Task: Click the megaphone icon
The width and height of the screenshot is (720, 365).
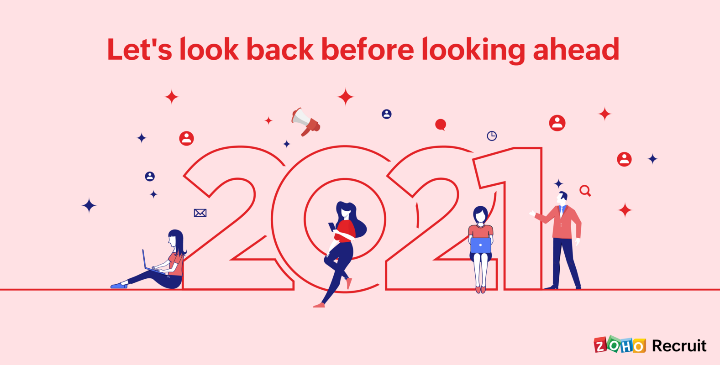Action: (x=305, y=121)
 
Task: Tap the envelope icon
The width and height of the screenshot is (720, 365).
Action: (x=200, y=213)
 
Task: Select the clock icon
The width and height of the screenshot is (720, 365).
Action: (x=492, y=136)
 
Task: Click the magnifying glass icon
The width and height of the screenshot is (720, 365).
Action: (x=585, y=191)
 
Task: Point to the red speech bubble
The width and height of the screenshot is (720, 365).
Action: (x=441, y=125)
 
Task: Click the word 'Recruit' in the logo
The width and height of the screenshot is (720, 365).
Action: (x=679, y=346)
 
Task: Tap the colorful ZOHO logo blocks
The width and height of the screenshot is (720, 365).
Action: (x=620, y=345)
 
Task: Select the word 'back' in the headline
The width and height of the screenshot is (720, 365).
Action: (x=280, y=50)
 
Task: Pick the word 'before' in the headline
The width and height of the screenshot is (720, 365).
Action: (x=368, y=50)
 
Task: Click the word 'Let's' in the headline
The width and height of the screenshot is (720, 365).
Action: (x=139, y=50)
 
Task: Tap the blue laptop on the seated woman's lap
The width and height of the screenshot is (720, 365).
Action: (x=480, y=245)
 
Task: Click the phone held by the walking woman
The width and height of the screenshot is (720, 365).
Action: (x=332, y=227)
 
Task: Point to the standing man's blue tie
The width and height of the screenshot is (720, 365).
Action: (x=562, y=211)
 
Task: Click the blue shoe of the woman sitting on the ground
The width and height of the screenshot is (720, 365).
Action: (x=119, y=286)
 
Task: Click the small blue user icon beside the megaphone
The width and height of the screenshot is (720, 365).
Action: (x=387, y=114)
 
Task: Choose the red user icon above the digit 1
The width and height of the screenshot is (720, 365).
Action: (x=557, y=123)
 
